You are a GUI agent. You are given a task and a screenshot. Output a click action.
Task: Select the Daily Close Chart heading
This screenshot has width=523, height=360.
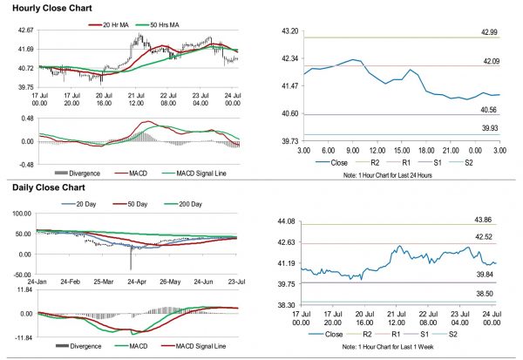click(x=46, y=187)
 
